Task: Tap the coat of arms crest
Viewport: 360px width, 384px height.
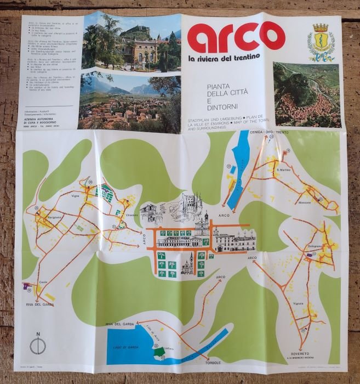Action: [321, 42]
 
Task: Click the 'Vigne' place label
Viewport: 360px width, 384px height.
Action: [75, 195]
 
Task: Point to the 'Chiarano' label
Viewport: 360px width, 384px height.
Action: [132, 214]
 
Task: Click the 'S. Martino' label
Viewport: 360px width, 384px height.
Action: [283, 170]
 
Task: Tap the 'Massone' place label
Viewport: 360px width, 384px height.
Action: [305, 202]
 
